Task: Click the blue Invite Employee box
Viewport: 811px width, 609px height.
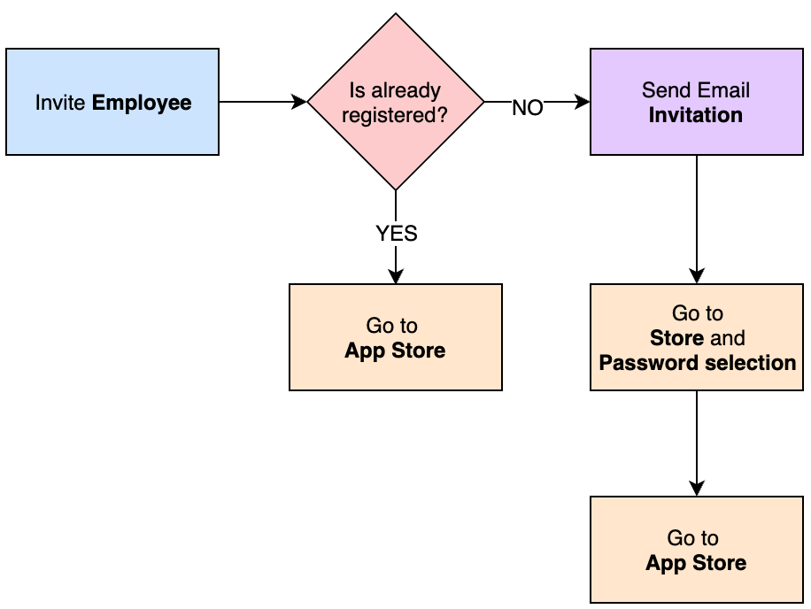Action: [x=112, y=102]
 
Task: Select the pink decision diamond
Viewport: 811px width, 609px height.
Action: [x=396, y=102]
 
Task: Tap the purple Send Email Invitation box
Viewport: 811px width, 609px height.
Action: [x=696, y=102]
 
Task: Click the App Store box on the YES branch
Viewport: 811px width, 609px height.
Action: [x=395, y=337]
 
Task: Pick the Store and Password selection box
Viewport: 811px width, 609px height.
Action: [x=696, y=337]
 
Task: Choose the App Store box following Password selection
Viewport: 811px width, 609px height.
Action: [x=696, y=550]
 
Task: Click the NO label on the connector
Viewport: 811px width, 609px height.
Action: [x=528, y=108]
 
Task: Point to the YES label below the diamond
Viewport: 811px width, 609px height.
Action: [x=396, y=234]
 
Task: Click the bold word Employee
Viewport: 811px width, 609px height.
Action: [x=142, y=103]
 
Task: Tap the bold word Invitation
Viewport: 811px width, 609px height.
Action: [x=696, y=115]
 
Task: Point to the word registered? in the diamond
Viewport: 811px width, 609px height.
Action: [x=395, y=115]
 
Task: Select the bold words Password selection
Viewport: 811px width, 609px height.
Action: [x=698, y=363]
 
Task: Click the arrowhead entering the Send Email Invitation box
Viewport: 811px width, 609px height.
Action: [x=583, y=102]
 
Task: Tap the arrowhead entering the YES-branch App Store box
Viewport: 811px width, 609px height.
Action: [x=396, y=276]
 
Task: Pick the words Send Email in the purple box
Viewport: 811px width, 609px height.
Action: [x=696, y=90]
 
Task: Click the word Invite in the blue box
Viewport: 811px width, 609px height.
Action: [x=61, y=103]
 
